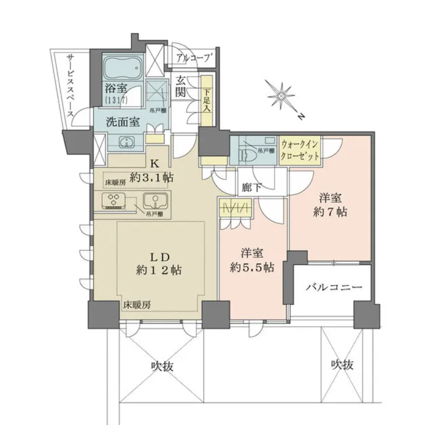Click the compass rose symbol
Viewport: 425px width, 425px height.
(281, 95)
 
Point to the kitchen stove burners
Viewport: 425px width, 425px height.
(113, 201)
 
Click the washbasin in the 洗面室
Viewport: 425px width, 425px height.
(126, 142)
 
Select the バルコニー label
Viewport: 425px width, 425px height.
(334, 287)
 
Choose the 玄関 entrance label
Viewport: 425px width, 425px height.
(181, 87)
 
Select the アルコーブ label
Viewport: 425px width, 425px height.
(195, 58)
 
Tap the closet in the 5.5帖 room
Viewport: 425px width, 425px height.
(235, 208)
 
